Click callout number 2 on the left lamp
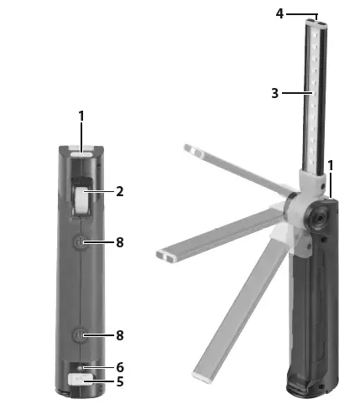pyautogui.click(x=120, y=192)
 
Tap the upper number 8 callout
pyautogui.click(x=120, y=242)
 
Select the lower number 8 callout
pyautogui.click(x=120, y=335)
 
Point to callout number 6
pyautogui.click(x=120, y=367)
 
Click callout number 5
pyautogui.click(x=120, y=381)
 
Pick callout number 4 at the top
pyautogui.click(x=279, y=13)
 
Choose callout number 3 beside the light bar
pyautogui.click(x=275, y=93)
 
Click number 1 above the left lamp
pyautogui.click(x=81, y=116)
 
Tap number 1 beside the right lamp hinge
pyautogui.click(x=331, y=165)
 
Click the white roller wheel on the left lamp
pyautogui.click(x=81, y=201)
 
